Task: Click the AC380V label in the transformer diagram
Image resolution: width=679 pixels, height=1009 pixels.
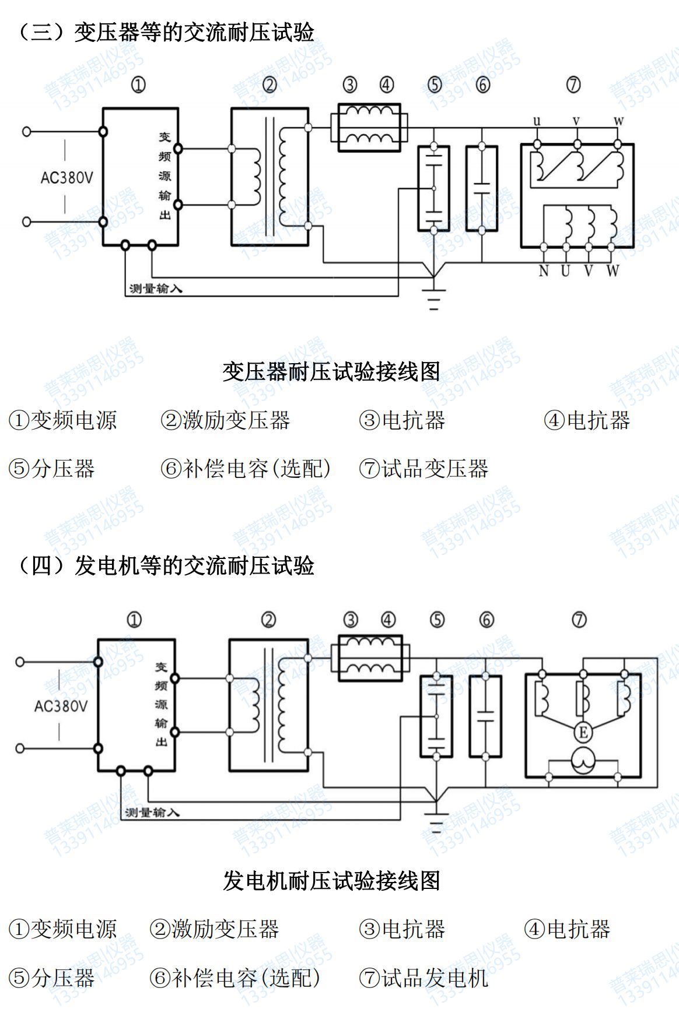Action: click(66, 177)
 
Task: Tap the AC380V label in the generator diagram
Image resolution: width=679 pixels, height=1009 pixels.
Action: click(61, 706)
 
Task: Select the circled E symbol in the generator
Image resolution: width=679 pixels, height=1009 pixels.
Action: click(582, 732)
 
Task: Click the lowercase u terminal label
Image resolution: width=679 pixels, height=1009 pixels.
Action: click(537, 121)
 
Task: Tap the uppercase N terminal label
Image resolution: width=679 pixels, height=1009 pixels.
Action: click(544, 271)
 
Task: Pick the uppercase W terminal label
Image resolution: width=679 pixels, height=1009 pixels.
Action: click(612, 271)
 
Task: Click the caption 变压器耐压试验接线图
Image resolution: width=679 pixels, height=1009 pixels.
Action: click(331, 372)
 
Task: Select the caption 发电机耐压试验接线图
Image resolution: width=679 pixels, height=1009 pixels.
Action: click(331, 881)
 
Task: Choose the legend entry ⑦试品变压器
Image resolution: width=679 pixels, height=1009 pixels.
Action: click(423, 469)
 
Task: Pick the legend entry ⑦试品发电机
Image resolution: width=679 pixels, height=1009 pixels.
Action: click(423, 978)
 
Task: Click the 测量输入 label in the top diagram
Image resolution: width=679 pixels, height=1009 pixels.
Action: click(156, 289)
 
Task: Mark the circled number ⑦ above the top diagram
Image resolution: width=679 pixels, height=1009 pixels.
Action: click(573, 85)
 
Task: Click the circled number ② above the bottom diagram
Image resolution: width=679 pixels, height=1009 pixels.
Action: click(268, 620)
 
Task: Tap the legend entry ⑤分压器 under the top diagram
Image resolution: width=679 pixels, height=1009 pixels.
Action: click(52, 469)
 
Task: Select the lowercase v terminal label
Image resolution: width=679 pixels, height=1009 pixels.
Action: click(576, 121)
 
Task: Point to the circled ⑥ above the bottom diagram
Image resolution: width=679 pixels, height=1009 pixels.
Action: click(487, 620)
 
